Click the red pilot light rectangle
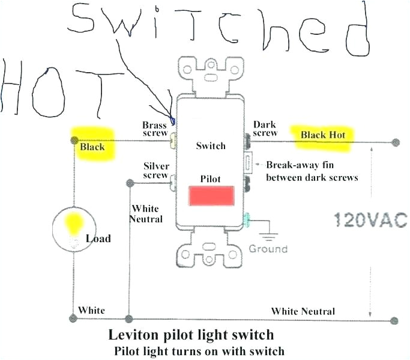click(x=211, y=196)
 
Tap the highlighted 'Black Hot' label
click(x=323, y=135)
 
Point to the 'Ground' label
click(x=268, y=248)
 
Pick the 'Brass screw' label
click(x=154, y=129)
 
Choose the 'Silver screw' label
click(x=155, y=171)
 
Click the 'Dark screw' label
click(x=265, y=128)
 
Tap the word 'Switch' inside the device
click(x=211, y=145)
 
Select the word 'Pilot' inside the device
click(x=211, y=179)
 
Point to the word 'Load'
click(x=98, y=239)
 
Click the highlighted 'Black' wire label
click(x=92, y=146)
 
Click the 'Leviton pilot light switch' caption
click(x=191, y=334)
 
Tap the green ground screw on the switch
click(x=246, y=221)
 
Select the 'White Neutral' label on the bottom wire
click(x=303, y=311)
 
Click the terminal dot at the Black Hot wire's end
click(x=394, y=142)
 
